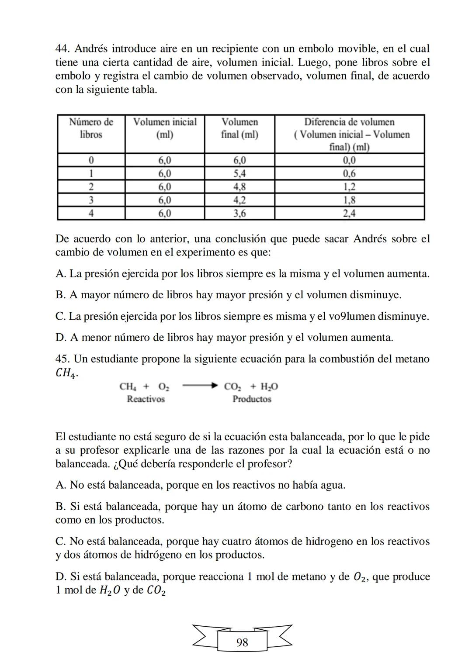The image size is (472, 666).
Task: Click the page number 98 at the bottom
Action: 242,642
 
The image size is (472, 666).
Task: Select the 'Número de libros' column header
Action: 91,128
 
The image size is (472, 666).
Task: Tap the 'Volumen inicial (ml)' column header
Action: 165,128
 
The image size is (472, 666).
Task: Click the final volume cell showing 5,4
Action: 239,173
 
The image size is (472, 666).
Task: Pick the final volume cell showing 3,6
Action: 239,214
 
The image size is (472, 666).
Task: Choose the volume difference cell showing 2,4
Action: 349,214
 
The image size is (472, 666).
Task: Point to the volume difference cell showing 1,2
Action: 349,187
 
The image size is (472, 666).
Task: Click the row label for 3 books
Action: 91,200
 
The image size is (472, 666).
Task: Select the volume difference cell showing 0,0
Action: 349,160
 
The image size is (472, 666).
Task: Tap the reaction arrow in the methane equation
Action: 200,386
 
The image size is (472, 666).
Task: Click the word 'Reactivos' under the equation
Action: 146,399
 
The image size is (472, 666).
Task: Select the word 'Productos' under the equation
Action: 252,399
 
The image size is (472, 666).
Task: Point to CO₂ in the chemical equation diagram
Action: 233,387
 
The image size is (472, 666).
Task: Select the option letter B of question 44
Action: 60,295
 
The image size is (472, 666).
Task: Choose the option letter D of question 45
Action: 60,577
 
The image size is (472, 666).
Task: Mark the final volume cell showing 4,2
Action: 239,200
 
